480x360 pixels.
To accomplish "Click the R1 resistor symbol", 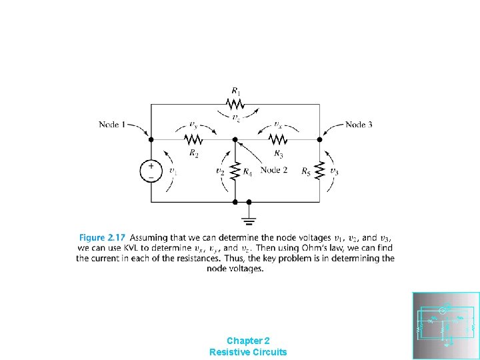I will [x=235, y=104].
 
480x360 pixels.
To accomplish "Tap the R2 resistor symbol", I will [x=193, y=139].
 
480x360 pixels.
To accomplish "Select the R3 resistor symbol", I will [x=277, y=139].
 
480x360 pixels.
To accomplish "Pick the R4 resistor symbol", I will [x=235, y=171].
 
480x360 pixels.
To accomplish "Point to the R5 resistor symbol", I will [x=319, y=171].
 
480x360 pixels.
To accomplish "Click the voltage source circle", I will [x=151, y=171].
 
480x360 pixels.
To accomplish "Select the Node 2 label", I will [x=274, y=170].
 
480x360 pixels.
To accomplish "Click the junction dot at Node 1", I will [x=151, y=139].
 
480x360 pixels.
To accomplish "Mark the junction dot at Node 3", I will [x=319, y=139].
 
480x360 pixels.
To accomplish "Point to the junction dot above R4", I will [x=235, y=139].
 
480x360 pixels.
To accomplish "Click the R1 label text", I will [x=236, y=91].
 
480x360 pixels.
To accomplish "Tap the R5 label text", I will [x=306, y=172].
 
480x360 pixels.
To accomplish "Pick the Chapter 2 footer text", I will [x=248, y=340].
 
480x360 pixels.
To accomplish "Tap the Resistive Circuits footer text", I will [x=248, y=351].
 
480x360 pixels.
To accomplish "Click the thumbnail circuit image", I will [x=446, y=326].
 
